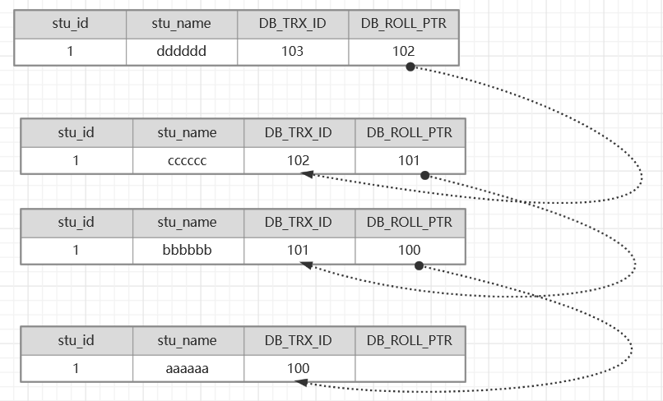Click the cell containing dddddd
click(182, 52)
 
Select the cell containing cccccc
click(188, 160)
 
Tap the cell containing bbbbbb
click(188, 251)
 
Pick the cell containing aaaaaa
click(188, 368)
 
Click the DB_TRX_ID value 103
click(292, 52)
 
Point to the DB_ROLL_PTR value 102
click(403, 52)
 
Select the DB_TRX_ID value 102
click(298, 160)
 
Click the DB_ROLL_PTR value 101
click(409, 160)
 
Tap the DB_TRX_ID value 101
click(298, 250)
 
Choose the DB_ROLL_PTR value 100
click(409, 250)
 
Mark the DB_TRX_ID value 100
click(298, 368)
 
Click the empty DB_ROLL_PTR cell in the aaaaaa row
click(410, 368)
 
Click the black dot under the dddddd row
click(410, 67)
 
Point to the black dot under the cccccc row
click(425, 175)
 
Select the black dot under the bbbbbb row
click(419, 265)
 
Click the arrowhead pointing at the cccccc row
click(307, 174)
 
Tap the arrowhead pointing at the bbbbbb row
click(306, 265)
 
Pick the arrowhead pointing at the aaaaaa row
click(301, 382)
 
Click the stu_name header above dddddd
click(182, 23)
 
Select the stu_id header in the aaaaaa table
click(76, 340)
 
